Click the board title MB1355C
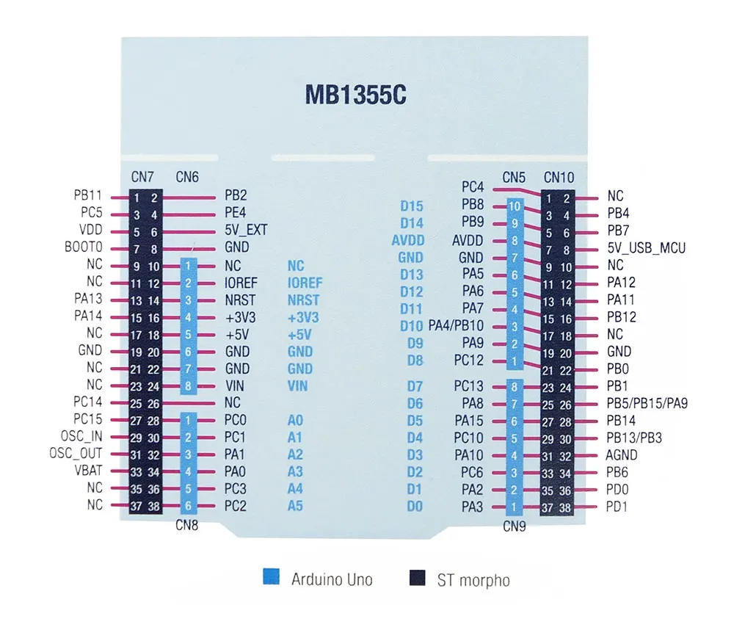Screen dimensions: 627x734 pos(356,96)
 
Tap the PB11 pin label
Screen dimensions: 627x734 pos(87,195)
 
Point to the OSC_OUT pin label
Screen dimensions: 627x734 pos(76,454)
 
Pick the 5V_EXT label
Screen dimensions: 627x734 pos(246,231)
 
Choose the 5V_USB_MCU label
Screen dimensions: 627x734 pos(646,248)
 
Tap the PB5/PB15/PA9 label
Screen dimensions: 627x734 pos(647,403)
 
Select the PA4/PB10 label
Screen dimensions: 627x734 pos(456,325)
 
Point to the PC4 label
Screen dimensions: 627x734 pos(473,187)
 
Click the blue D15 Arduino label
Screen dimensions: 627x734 pos(412,206)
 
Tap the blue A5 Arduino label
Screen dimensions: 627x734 pos(295,506)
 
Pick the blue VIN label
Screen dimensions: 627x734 pos(297,386)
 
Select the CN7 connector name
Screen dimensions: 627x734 pos(142,176)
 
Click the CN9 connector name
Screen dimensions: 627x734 pos(514,526)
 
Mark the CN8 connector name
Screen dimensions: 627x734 pos(188,525)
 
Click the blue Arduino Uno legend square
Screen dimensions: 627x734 pos(272,577)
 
